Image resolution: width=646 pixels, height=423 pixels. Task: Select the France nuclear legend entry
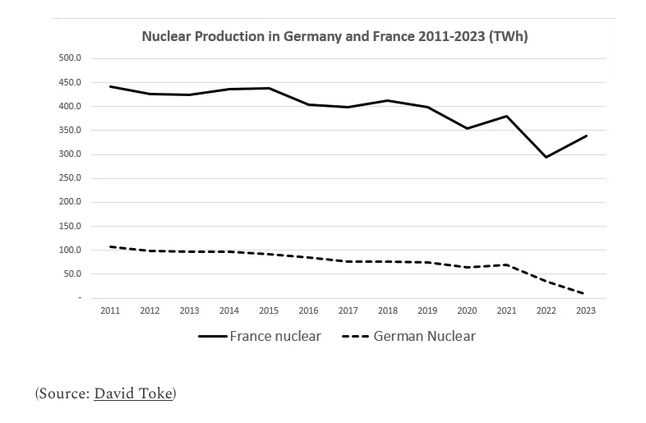[275, 336]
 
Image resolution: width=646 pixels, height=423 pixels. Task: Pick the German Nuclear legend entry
[424, 336]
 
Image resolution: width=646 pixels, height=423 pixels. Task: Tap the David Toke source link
[133, 393]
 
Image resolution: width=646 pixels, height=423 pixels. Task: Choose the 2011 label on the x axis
[109, 310]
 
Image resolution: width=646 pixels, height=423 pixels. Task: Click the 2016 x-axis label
[308, 310]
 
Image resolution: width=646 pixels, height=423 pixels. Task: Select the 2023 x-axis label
[586, 310]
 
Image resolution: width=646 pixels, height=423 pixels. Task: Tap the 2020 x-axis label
[467, 310]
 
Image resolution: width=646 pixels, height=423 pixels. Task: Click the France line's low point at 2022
[547, 157]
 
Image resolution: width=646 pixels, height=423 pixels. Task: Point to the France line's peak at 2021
[507, 116]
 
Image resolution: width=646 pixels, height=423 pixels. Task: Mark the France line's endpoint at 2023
[586, 136]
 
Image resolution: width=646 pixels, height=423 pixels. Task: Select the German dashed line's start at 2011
[110, 246]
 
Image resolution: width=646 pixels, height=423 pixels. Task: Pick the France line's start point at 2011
[110, 86]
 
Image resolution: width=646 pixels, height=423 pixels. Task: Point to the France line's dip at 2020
[467, 128]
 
